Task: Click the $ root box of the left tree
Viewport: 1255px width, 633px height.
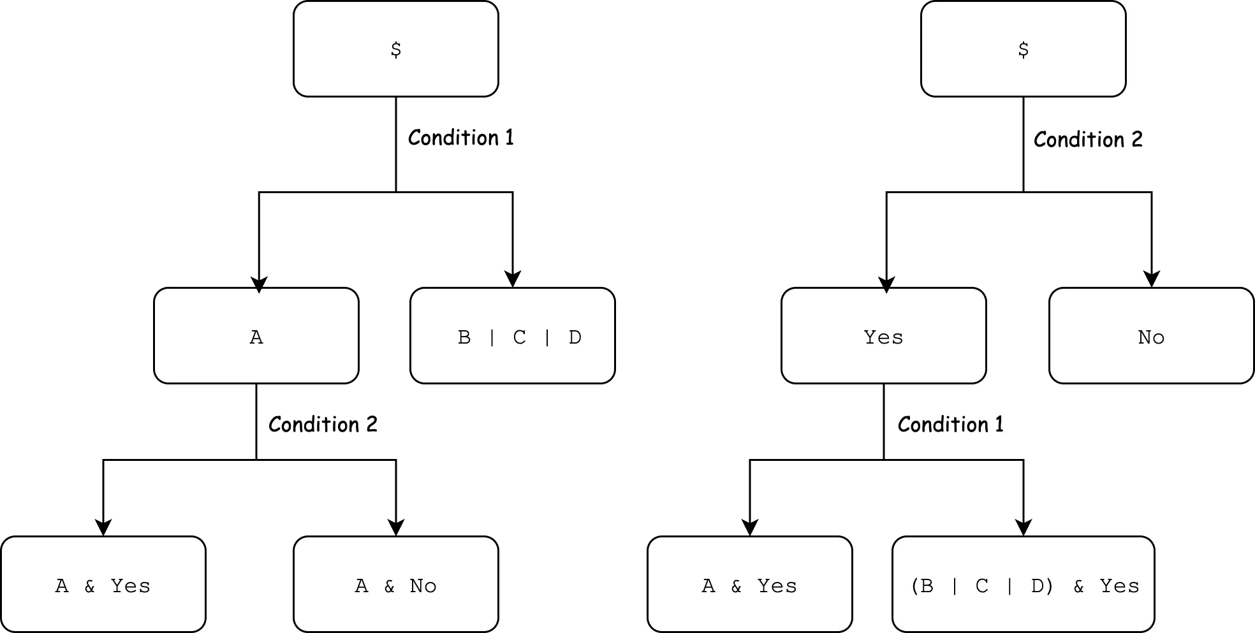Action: tap(395, 49)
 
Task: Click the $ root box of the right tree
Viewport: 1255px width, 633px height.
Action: tap(1023, 49)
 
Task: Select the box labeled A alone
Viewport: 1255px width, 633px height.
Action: tap(256, 336)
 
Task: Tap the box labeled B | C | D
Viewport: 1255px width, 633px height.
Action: tap(512, 336)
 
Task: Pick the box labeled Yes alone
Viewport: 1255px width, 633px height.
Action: tap(883, 336)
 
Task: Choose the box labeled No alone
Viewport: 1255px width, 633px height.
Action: tap(1151, 336)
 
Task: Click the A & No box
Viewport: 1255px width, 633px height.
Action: tap(395, 585)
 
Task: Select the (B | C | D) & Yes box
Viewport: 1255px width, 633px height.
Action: tap(1023, 585)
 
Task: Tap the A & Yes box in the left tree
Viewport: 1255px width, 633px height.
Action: tap(103, 585)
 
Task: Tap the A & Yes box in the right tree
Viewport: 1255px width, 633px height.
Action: tap(749, 585)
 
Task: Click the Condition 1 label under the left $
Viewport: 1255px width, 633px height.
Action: tap(460, 138)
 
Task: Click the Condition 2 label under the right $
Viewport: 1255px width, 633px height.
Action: tap(1088, 140)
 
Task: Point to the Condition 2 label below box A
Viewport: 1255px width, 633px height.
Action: tap(323, 425)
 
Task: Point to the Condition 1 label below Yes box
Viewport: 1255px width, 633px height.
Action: tap(950, 425)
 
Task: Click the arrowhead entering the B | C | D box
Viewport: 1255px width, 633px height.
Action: tap(513, 279)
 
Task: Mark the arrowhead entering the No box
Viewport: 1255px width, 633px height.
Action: tap(1151, 279)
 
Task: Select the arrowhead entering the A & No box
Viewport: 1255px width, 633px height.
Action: tap(396, 528)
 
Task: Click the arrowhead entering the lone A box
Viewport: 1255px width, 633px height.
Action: tap(259, 284)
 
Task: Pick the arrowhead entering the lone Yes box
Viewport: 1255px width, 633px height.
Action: tap(886, 284)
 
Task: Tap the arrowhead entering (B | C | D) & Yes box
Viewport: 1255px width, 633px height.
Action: tap(1024, 528)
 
